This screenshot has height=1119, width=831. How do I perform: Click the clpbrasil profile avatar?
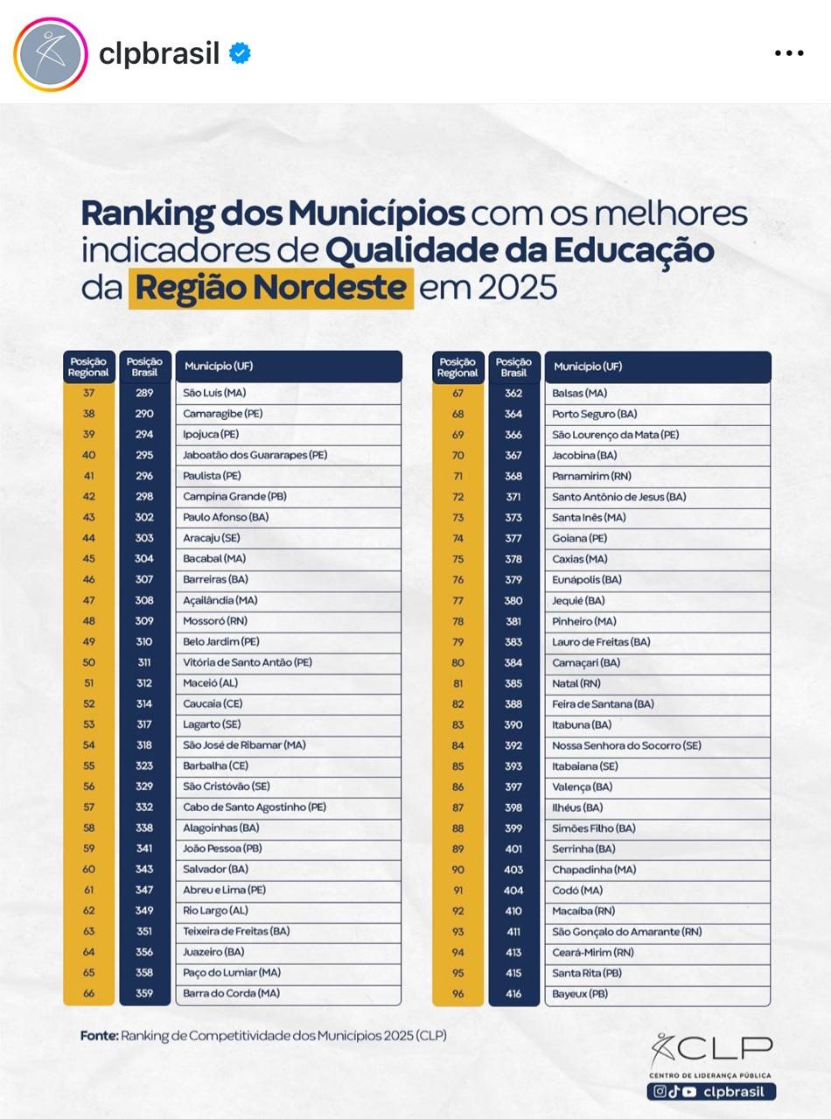[51, 54]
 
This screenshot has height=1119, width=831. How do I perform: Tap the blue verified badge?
[240, 53]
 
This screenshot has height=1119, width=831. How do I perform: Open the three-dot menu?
[788, 54]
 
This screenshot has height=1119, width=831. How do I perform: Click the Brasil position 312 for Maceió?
[144, 683]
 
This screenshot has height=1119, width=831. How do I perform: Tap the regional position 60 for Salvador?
[88, 870]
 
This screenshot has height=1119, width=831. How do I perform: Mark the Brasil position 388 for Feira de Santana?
[513, 704]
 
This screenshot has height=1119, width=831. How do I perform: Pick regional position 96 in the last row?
[457, 994]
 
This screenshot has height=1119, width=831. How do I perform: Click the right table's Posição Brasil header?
[513, 367]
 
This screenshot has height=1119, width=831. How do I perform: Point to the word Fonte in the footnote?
[99, 1036]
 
